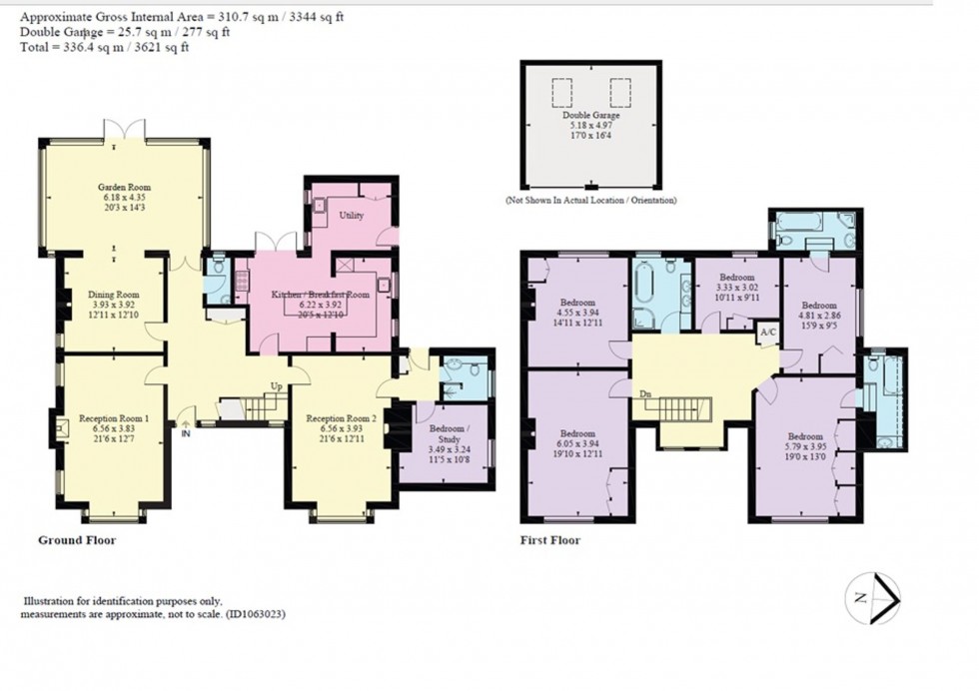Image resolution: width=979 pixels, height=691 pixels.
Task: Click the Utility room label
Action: [x=351, y=215]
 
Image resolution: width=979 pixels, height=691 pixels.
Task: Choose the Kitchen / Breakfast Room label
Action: [x=322, y=296]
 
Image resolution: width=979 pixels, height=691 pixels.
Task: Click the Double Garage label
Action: [x=589, y=116]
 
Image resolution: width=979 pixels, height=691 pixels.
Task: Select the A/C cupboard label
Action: [x=768, y=332]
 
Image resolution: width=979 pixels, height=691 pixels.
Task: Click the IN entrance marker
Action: [x=186, y=433]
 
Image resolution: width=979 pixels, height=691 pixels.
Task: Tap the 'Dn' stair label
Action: [x=646, y=394]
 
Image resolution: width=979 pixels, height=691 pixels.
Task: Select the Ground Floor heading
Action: [x=77, y=540]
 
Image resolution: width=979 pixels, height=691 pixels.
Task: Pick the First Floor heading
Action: [x=550, y=540]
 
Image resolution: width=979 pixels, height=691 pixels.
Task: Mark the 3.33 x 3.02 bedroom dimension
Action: [x=736, y=286]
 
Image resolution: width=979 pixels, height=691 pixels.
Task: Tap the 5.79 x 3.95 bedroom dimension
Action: [x=805, y=446]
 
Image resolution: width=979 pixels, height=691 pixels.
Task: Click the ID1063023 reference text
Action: [x=255, y=616]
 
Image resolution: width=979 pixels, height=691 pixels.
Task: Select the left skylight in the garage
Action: [x=562, y=92]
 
